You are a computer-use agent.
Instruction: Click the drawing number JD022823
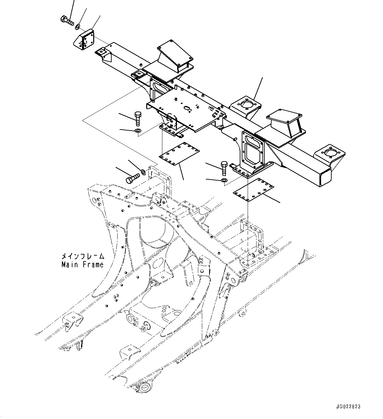pos(348,407)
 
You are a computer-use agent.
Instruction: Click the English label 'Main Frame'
pos(82,264)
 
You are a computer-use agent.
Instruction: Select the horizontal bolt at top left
pos(67,20)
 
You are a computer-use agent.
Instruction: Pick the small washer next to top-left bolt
pos(78,26)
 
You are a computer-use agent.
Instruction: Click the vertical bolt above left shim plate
pos(138,118)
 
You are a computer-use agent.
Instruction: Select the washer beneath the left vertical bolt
pos(138,132)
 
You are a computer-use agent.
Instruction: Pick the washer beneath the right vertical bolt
pos(224,180)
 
